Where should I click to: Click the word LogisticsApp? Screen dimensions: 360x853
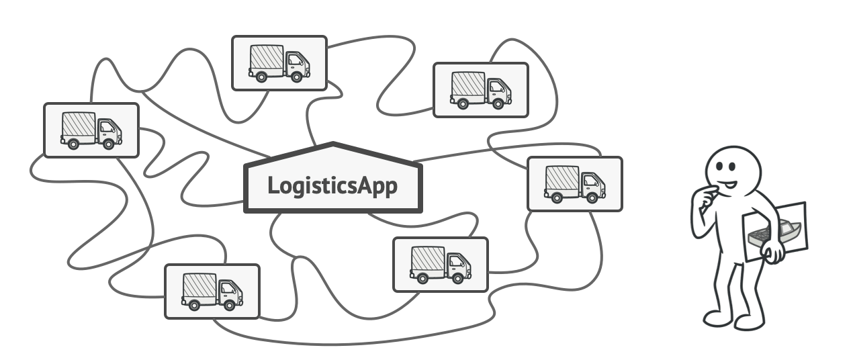coord(332,185)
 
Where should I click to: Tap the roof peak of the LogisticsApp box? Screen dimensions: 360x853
coord(332,144)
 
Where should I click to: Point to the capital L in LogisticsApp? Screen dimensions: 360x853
coord(273,185)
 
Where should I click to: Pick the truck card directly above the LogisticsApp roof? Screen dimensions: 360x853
coord(279,63)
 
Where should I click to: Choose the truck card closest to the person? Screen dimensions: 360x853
coord(574,184)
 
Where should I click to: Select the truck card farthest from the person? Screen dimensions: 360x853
coord(91,130)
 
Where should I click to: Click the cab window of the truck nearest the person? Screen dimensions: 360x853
coord(590,180)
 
